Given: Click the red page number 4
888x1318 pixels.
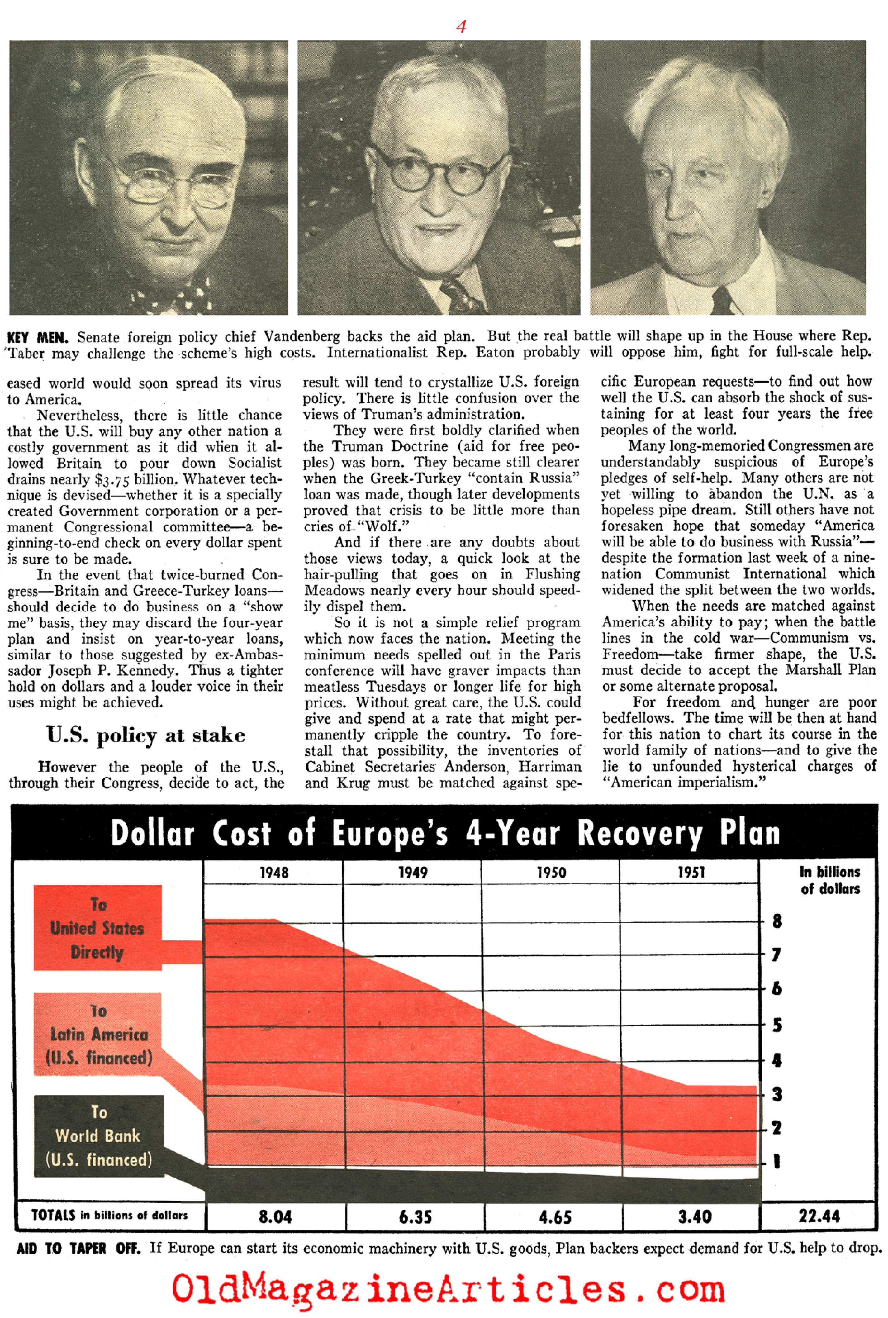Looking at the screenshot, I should coord(460,26).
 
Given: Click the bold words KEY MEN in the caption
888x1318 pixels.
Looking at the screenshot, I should coord(37,338).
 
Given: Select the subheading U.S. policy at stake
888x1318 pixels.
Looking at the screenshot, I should coord(145,735).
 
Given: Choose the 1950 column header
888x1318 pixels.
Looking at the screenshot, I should coord(551,872).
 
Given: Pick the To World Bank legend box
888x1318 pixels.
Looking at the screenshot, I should coord(98,1136).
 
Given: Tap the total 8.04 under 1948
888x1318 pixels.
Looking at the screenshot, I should coord(275,1216).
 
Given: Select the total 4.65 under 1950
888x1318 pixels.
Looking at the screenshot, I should coord(554,1216).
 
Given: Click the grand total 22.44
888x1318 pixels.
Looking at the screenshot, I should coord(819,1216).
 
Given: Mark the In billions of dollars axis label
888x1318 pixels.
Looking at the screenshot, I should coord(830,880).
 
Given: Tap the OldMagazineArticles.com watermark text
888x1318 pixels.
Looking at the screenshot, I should coord(447,1288).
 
